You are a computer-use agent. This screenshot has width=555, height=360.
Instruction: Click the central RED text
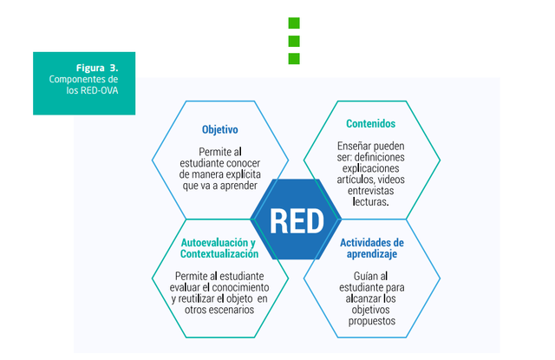297,220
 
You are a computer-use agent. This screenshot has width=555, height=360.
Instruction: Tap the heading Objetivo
220,130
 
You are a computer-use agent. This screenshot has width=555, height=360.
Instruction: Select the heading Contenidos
370,124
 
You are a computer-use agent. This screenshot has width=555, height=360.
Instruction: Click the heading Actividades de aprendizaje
371,248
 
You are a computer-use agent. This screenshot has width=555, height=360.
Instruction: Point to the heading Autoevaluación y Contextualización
219,248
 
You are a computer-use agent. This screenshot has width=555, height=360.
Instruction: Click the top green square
294,23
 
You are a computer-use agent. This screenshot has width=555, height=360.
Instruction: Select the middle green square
294,41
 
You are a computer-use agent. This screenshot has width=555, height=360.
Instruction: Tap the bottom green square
294,58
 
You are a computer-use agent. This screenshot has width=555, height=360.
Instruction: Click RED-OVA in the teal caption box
102,89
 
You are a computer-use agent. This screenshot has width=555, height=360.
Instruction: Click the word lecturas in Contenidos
370,201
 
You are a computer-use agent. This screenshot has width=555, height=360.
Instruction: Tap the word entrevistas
371,190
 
